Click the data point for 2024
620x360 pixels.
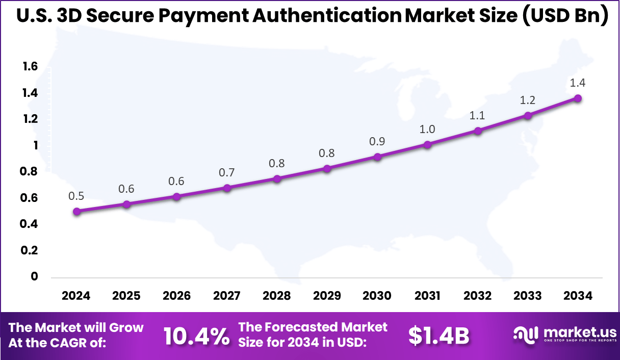tap(76, 211)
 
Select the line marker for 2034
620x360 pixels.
tap(578, 98)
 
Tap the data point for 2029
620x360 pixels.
tap(327, 168)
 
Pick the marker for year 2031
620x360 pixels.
tap(427, 144)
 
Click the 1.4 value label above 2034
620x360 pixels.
tap(578, 83)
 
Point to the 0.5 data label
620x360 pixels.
tap(76, 196)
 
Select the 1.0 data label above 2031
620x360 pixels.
tap(427, 129)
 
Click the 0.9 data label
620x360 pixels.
tap(377, 141)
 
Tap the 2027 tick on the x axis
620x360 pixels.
tap(227, 296)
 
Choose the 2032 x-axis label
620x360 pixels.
tap(478, 296)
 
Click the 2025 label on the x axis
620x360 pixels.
tap(126, 296)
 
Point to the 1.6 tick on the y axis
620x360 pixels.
tap(30, 66)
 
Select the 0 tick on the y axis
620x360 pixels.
tap(35, 276)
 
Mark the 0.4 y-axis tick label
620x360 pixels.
tap(30, 224)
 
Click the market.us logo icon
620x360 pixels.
tap(525, 335)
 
